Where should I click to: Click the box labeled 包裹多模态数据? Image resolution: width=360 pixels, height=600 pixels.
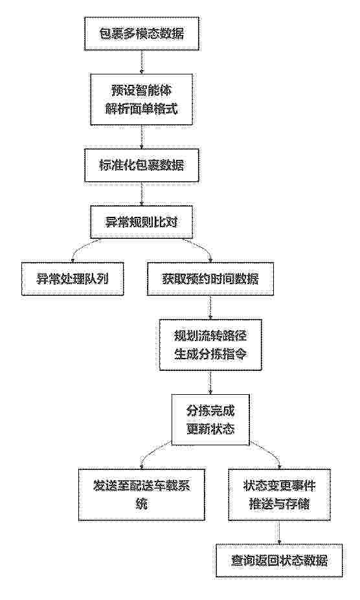pos(142,33)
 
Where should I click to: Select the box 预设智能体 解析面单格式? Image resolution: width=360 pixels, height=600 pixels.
pos(142,99)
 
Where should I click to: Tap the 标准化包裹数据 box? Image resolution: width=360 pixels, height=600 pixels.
pos(142,165)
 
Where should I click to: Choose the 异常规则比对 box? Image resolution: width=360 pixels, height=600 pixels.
pos(142,221)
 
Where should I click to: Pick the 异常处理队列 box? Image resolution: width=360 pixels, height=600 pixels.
pos(73,278)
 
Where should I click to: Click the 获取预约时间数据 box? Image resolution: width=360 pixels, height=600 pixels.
pos(210,278)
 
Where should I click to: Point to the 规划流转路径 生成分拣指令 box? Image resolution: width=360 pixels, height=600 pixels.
pos(210,344)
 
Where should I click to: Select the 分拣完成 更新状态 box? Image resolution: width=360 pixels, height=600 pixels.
pos(210,420)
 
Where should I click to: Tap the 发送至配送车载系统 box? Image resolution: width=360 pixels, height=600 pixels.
pos(142,494)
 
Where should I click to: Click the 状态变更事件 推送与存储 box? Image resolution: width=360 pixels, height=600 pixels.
pos(279,494)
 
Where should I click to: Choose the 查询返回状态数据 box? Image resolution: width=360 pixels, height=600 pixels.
pos(279,561)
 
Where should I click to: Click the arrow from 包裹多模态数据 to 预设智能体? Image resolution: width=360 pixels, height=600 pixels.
pos(142,61)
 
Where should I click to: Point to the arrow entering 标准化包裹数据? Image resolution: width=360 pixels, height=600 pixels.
pos(142,137)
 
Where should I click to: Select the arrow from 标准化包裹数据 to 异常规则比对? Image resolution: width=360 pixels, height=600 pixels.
pos(142,194)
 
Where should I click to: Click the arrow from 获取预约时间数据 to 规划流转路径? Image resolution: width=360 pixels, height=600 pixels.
pos(210,307)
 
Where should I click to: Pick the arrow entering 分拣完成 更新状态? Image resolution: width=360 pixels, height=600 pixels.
pos(210,382)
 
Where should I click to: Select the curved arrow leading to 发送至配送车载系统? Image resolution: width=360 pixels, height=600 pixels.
pos(153,452)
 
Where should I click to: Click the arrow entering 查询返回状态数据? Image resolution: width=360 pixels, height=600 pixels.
pos(279,532)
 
